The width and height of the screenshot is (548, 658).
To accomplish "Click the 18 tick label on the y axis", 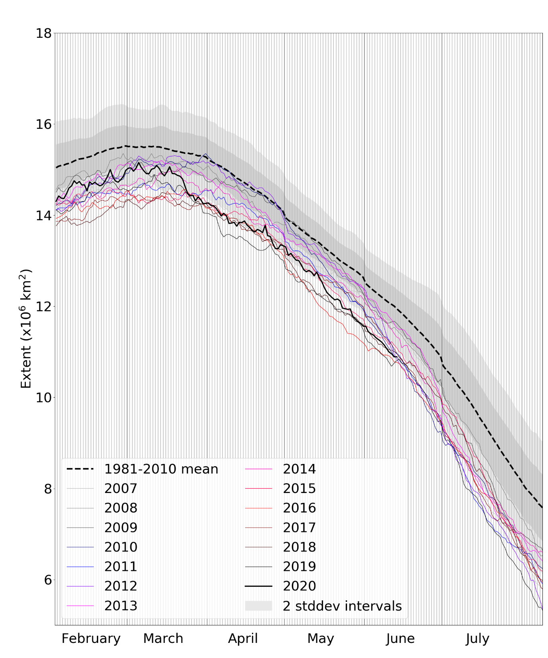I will pos(44,33).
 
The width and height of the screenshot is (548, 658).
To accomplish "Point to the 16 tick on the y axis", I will pos(44,124).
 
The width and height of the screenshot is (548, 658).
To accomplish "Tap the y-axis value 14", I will pos(44,215).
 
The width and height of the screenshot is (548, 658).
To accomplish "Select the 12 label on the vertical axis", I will pos(44,307).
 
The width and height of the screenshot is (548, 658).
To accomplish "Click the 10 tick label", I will pos(44,398).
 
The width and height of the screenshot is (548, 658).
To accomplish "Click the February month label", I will pos(91,639).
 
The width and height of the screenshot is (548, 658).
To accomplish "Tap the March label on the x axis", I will pos(163,639).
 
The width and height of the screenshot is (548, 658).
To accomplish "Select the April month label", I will pos(243,639).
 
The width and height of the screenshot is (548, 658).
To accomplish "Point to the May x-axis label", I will pos(320,639).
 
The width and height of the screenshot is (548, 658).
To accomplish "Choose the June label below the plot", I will pos(400,639).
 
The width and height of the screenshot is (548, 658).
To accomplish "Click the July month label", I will pos(477,639).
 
